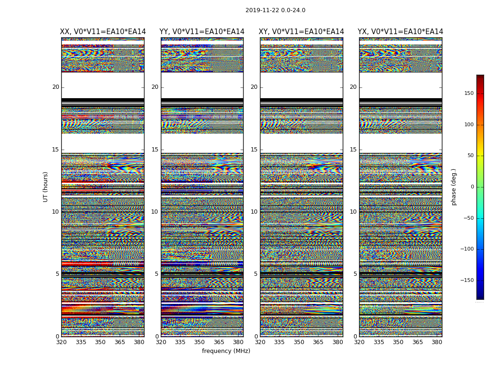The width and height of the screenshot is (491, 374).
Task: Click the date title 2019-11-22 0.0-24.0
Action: click(275, 10)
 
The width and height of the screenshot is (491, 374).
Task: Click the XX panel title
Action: click(103, 32)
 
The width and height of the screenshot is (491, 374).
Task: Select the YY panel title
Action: click(202, 32)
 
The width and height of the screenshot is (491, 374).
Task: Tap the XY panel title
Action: click(302, 32)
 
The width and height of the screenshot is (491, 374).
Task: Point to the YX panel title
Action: click(400, 32)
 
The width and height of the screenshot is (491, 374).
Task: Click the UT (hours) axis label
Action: click(46, 187)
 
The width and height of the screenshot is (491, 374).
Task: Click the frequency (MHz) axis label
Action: click(226, 351)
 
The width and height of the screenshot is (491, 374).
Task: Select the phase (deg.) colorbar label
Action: click(454, 187)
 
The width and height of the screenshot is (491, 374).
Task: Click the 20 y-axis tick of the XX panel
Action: click(56, 87)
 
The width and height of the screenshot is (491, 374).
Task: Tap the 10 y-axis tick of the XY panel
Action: click(254, 212)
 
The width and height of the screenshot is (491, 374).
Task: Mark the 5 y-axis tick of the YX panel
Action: click(355, 274)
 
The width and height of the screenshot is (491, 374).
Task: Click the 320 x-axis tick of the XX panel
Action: click(61, 342)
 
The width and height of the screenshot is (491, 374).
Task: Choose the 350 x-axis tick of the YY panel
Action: click(200, 342)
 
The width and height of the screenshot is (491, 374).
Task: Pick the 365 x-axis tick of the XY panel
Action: click(318, 342)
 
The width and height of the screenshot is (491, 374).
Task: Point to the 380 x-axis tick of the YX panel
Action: click(437, 342)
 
